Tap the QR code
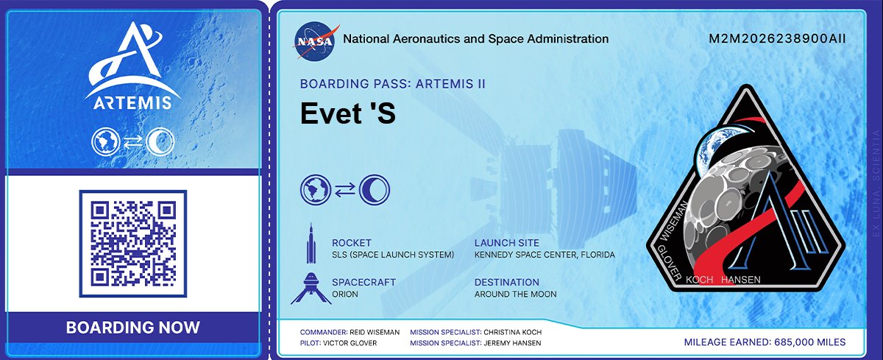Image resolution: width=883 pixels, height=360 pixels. pyautogui.click(x=132, y=244)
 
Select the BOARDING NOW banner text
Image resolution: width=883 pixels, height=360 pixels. pyautogui.click(x=132, y=328)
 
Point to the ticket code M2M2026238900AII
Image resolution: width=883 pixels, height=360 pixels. pyautogui.click(x=777, y=39)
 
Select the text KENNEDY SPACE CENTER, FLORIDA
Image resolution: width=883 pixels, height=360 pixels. pyautogui.click(x=544, y=255)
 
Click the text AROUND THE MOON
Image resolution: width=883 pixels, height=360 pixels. pyautogui.click(x=515, y=294)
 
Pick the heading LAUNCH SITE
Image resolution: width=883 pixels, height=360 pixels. pyautogui.click(x=506, y=243)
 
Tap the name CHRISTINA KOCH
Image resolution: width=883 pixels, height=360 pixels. pyautogui.click(x=513, y=332)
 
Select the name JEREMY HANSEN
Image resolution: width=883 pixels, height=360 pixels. pyautogui.click(x=514, y=343)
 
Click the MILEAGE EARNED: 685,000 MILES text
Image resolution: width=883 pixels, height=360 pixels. pyautogui.click(x=765, y=342)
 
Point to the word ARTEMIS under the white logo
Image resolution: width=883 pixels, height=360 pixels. pyautogui.click(x=132, y=102)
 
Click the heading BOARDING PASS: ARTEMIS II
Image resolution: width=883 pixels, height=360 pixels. pyautogui.click(x=392, y=84)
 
